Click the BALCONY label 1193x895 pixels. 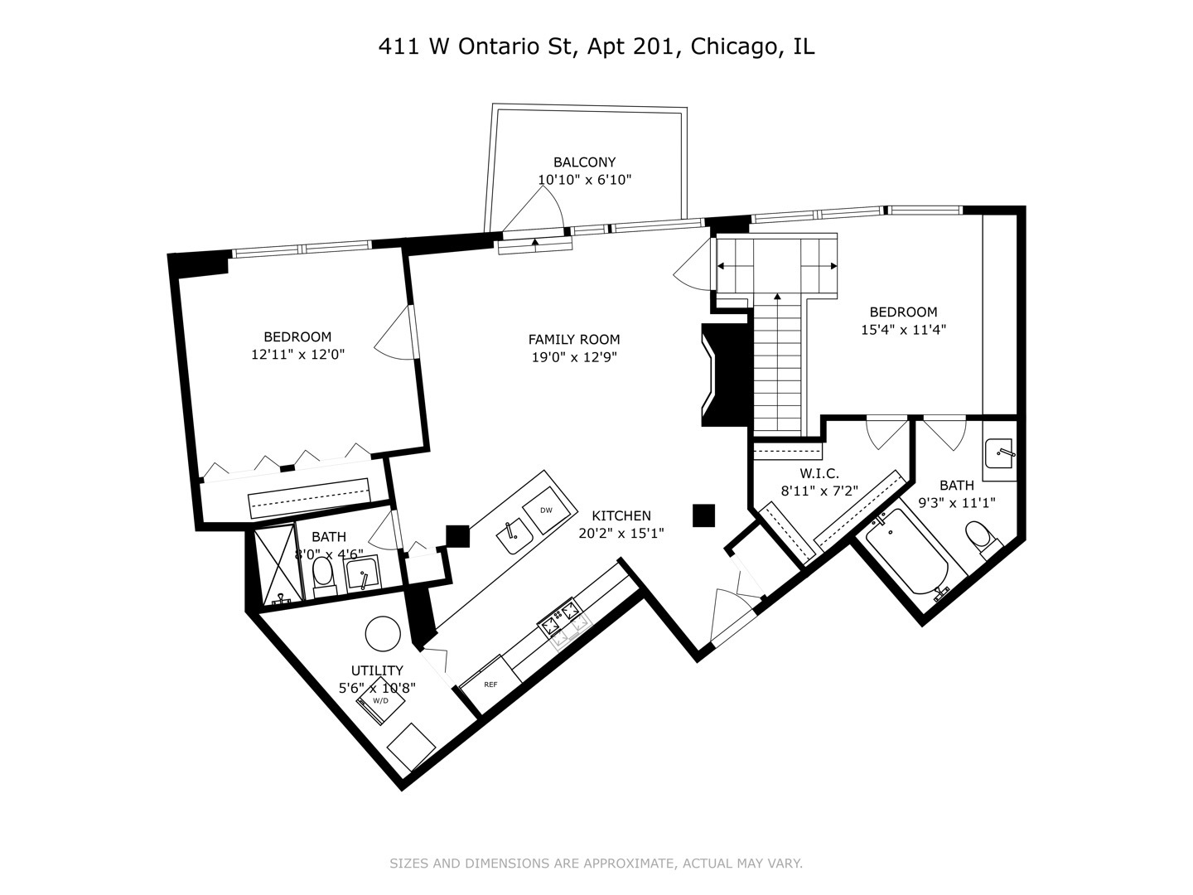584,162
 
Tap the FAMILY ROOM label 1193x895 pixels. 574,340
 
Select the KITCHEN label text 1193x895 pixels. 621,515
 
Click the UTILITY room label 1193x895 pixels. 377,670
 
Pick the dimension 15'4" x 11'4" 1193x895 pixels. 903,329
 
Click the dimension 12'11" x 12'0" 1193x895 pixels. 298,355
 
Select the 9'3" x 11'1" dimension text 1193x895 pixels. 957,503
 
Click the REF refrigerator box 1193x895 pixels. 490,685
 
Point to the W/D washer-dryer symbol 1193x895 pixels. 380,700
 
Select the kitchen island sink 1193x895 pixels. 514,536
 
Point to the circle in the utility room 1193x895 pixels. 384,634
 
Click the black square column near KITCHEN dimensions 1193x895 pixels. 703,515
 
